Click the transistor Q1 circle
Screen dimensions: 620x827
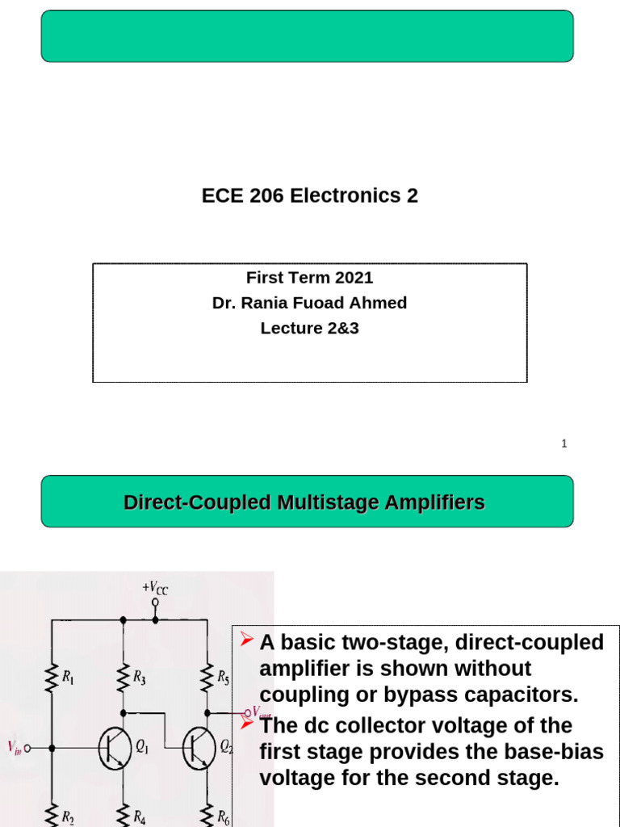click(x=115, y=748)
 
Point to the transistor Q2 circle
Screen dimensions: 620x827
click(x=199, y=748)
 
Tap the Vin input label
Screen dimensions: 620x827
click(x=15, y=749)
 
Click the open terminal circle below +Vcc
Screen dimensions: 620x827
click(x=155, y=602)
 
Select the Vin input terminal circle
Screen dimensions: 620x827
click(x=28, y=749)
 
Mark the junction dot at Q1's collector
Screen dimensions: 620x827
click(x=124, y=713)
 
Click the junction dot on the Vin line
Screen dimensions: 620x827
click(x=52, y=749)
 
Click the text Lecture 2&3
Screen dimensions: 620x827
click(x=309, y=329)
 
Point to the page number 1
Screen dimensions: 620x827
click(x=564, y=443)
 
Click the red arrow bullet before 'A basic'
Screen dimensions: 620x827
click(x=247, y=641)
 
